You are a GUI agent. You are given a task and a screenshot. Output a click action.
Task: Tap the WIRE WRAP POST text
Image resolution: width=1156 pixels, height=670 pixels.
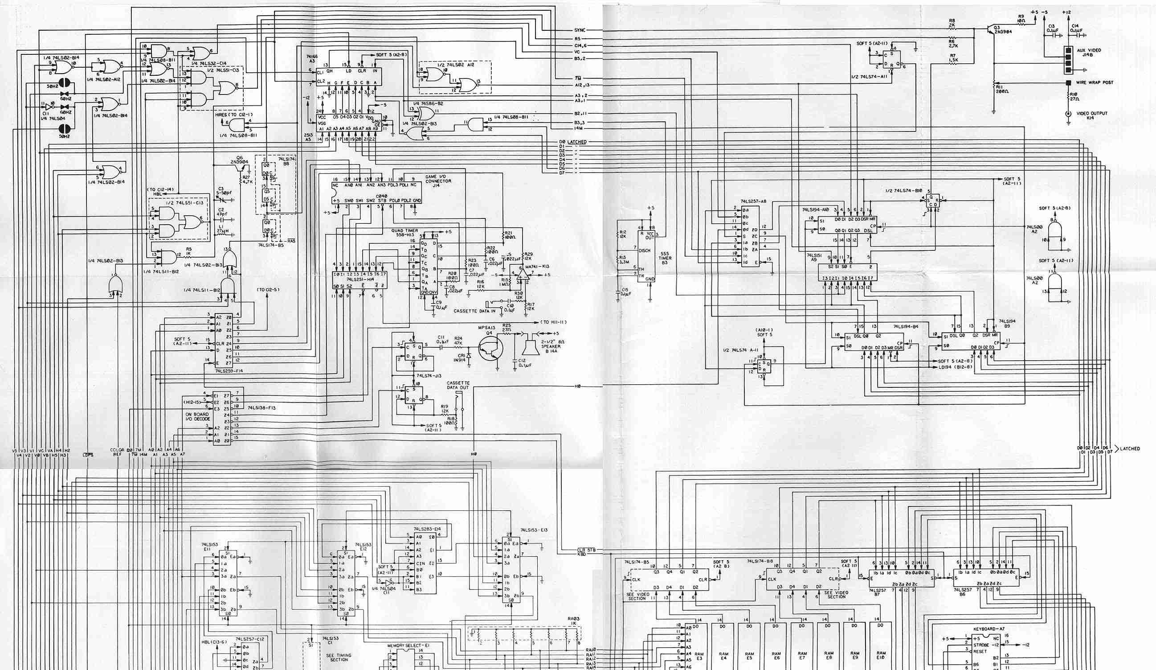coord(1094,82)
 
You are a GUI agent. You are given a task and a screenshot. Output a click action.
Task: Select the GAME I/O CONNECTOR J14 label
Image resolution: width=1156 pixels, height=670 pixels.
coord(437,181)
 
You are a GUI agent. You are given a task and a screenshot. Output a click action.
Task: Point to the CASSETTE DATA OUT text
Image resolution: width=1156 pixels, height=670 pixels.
coord(458,386)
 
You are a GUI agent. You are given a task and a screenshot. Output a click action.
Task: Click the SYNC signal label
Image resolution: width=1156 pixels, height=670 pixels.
coord(580,30)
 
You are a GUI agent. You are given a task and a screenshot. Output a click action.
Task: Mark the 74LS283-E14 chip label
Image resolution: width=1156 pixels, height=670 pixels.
coord(426,529)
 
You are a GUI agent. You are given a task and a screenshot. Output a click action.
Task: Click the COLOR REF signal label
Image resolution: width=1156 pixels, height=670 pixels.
coord(118,452)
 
